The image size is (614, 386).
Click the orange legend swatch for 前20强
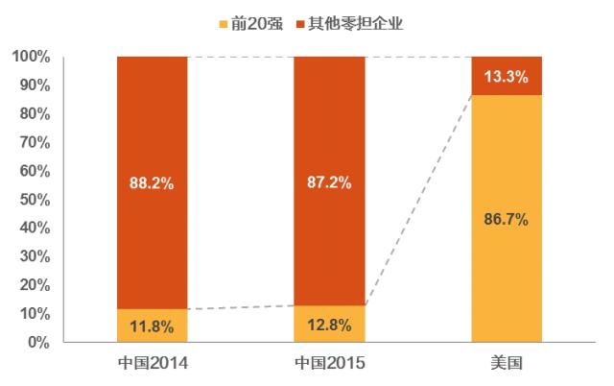(x=224, y=22)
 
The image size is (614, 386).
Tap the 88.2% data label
(x=152, y=183)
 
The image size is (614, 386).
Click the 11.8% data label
(x=152, y=327)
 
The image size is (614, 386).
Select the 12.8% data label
(x=329, y=326)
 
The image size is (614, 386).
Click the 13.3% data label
(x=506, y=77)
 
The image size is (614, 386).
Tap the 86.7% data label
(x=506, y=219)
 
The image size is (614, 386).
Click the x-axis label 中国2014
(x=152, y=364)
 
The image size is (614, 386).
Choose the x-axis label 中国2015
(x=329, y=364)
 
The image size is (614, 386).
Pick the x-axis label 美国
(x=506, y=364)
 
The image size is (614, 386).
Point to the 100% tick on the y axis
(x=32, y=57)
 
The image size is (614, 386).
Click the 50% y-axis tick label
(x=35, y=200)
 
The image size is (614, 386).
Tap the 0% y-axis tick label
(x=39, y=342)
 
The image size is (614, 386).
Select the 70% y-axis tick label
(x=35, y=142)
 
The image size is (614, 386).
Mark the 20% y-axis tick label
(x=35, y=285)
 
